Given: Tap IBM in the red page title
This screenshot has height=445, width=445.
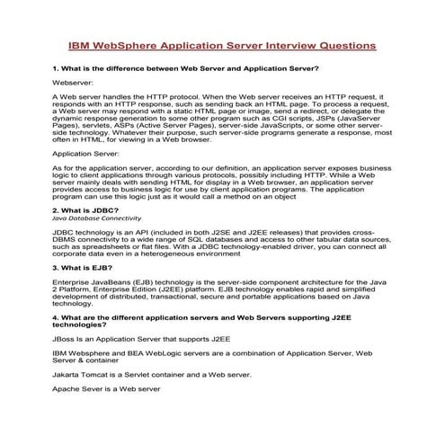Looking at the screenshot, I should click(81, 45).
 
